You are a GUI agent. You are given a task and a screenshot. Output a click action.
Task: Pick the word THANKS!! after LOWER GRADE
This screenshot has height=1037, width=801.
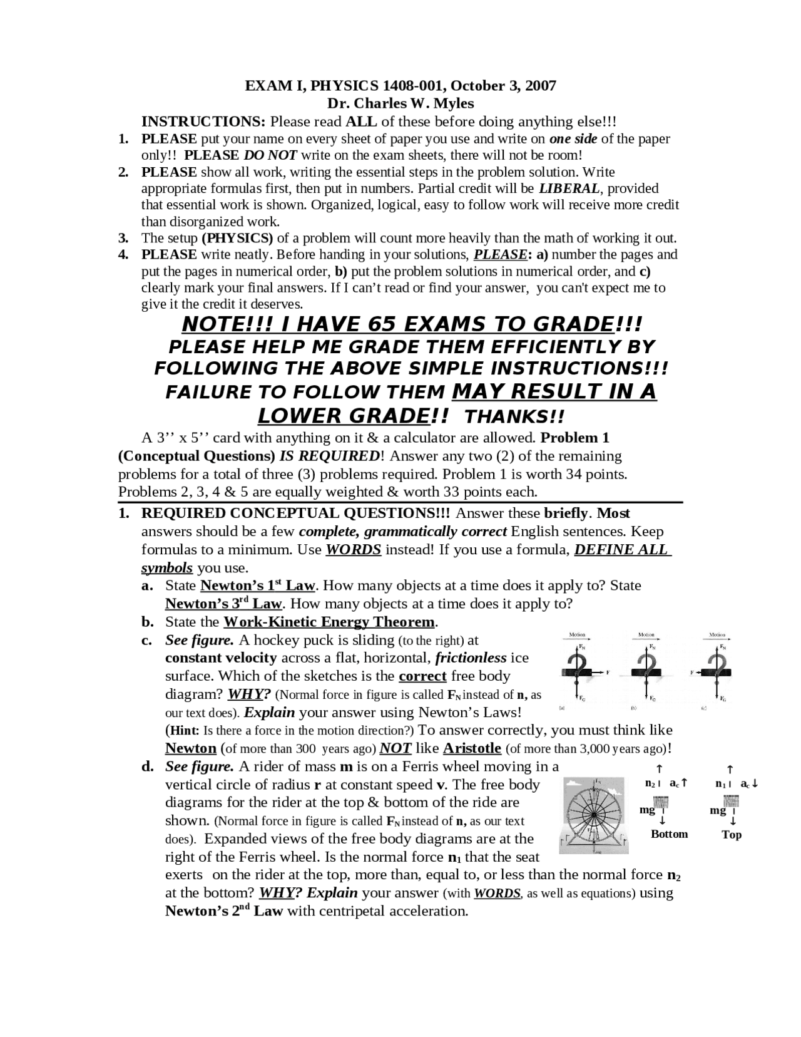pyautogui.click(x=515, y=416)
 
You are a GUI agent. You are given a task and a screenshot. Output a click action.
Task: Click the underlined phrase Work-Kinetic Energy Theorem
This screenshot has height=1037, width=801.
pyautogui.click(x=329, y=622)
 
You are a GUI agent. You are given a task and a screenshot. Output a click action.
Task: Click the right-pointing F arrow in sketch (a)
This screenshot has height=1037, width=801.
pyautogui.click(x=599, y=673)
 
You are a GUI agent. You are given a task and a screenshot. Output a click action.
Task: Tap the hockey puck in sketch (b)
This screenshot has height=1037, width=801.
pyautogui.click(x=646, y=673)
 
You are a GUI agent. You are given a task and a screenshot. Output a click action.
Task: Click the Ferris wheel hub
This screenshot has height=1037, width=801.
pyautogui.click(x=593, y=815)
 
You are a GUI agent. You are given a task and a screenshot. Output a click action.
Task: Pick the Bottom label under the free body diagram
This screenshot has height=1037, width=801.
pyautogui.click(x=669, y=834)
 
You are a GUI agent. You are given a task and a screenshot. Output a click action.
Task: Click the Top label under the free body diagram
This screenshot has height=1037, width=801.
pyautogui.click(x=732, y=835)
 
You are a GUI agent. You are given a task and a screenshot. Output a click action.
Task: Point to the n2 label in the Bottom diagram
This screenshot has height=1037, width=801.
pyautogui.click(x=650, y=783)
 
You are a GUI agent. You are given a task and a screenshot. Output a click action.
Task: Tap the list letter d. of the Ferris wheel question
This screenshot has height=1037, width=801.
pyautogui.click(x=148, y=766)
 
